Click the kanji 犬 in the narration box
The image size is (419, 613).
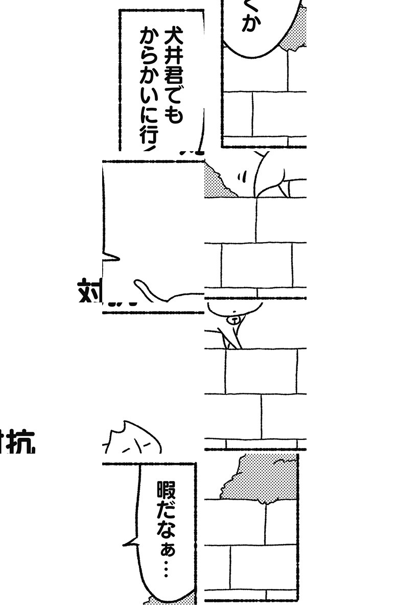172,37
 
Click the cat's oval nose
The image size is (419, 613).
234,320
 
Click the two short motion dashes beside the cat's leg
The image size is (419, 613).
241,177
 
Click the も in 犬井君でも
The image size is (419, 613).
172,115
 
